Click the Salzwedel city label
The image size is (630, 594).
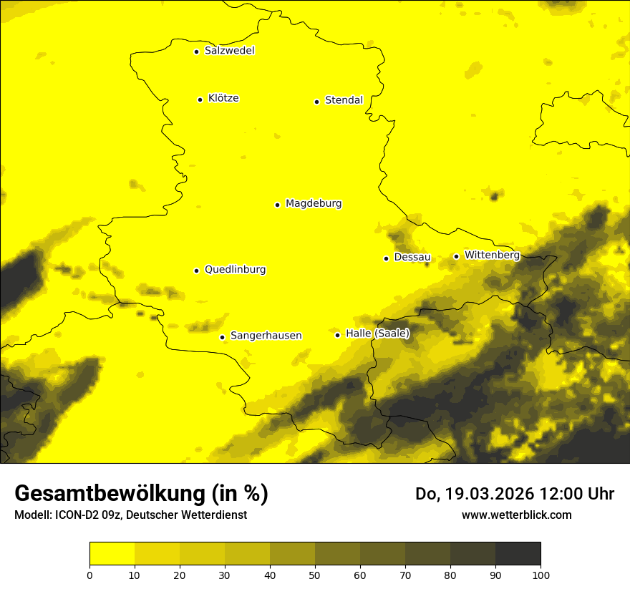pyautogui.click(x=229, y=51)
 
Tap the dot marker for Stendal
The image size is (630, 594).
pyautogui.click(x=316, y=102)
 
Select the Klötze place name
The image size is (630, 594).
pyautogui.click(x=223, y=98)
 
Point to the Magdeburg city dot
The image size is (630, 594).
pyautogui.click(x=277, y=205)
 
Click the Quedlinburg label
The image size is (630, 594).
pyautogui.click(x=235, y=270)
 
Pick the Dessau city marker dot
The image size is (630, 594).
pyautogui.click(x=386, y=258)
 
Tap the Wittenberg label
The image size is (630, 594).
pyautogui.click(x=492, y=255)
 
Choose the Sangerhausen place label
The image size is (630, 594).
pyautogui.click(x=266, y=336)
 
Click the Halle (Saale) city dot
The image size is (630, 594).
pyautogui.click(x=337, y=335)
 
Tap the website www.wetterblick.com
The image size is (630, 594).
pyautogui.click(x=517, y=515)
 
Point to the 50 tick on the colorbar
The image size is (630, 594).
pyautogui.click(x=315, y=574)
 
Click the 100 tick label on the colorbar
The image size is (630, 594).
pyautogui.click(x=541, y=574)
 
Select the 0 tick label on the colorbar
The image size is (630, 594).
pyautogui.click(x=89, y=574)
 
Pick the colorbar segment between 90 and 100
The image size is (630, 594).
pyautogui.click(x=518, y=554)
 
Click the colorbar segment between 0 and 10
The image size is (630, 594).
pyautogui.click(x=112, y=554)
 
